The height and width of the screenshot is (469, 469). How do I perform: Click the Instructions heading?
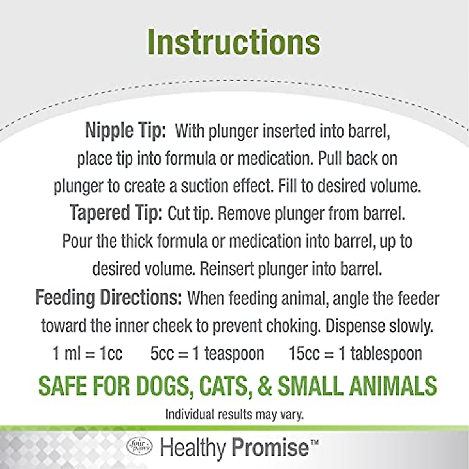(234, 43)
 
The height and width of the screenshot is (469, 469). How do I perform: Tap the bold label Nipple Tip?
(125, 132)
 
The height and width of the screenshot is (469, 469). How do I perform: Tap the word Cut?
(178, 214)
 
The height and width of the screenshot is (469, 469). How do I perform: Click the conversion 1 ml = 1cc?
(88, 354)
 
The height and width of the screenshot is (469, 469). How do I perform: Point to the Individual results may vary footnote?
(234, 414)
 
